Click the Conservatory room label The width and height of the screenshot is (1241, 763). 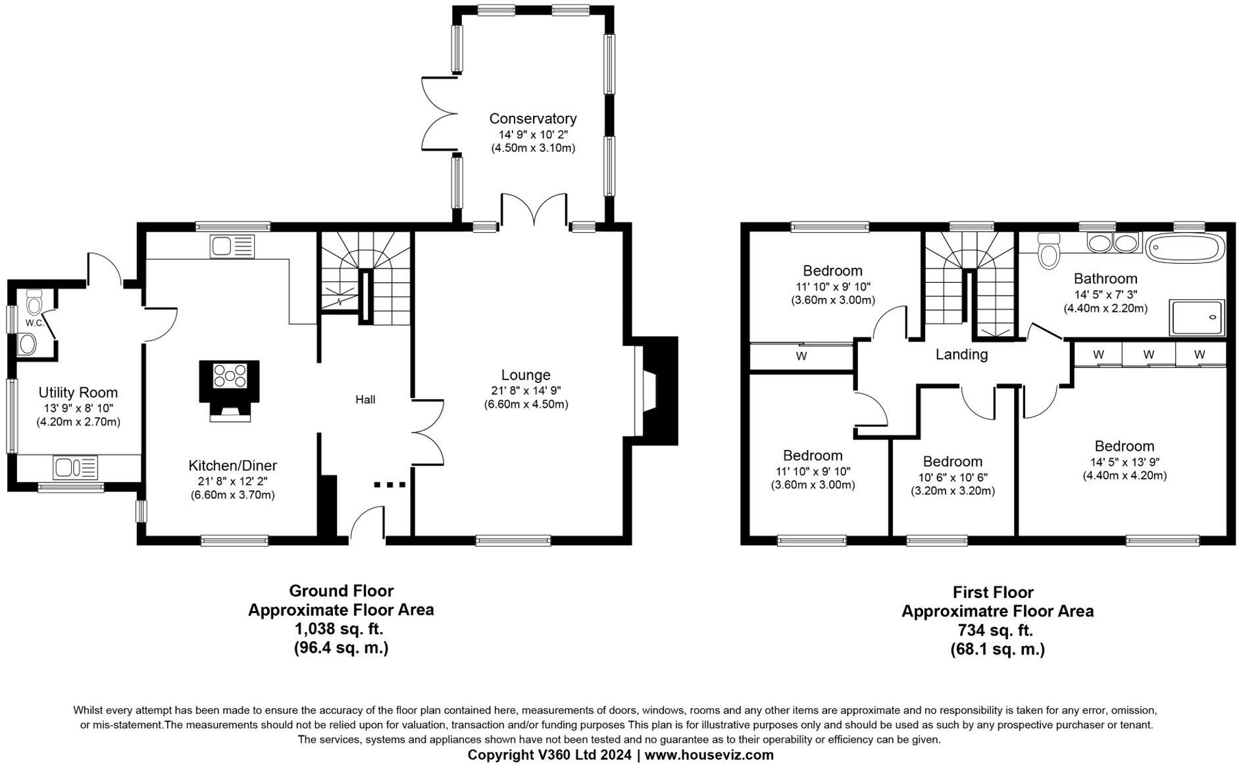coord(532,118)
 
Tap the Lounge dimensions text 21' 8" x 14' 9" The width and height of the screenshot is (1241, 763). coord(525,390)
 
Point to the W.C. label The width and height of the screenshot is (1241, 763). coord(34,323)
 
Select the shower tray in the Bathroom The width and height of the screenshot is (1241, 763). coord(1197,318)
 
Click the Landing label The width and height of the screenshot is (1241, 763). coord(961,355)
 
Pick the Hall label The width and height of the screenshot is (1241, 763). coord(365,399)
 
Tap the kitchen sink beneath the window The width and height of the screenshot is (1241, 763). coord(232,247)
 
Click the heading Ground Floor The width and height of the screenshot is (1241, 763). coord(341,591)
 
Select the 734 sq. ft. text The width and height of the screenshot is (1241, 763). coord(995,630)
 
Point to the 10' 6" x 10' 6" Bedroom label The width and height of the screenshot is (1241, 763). coord(952,462)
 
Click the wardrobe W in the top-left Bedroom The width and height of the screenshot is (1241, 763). coord(801,357)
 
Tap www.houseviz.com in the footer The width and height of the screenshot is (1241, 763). coord(709,755)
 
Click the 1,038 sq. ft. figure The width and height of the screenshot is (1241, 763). coord(338,629)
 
